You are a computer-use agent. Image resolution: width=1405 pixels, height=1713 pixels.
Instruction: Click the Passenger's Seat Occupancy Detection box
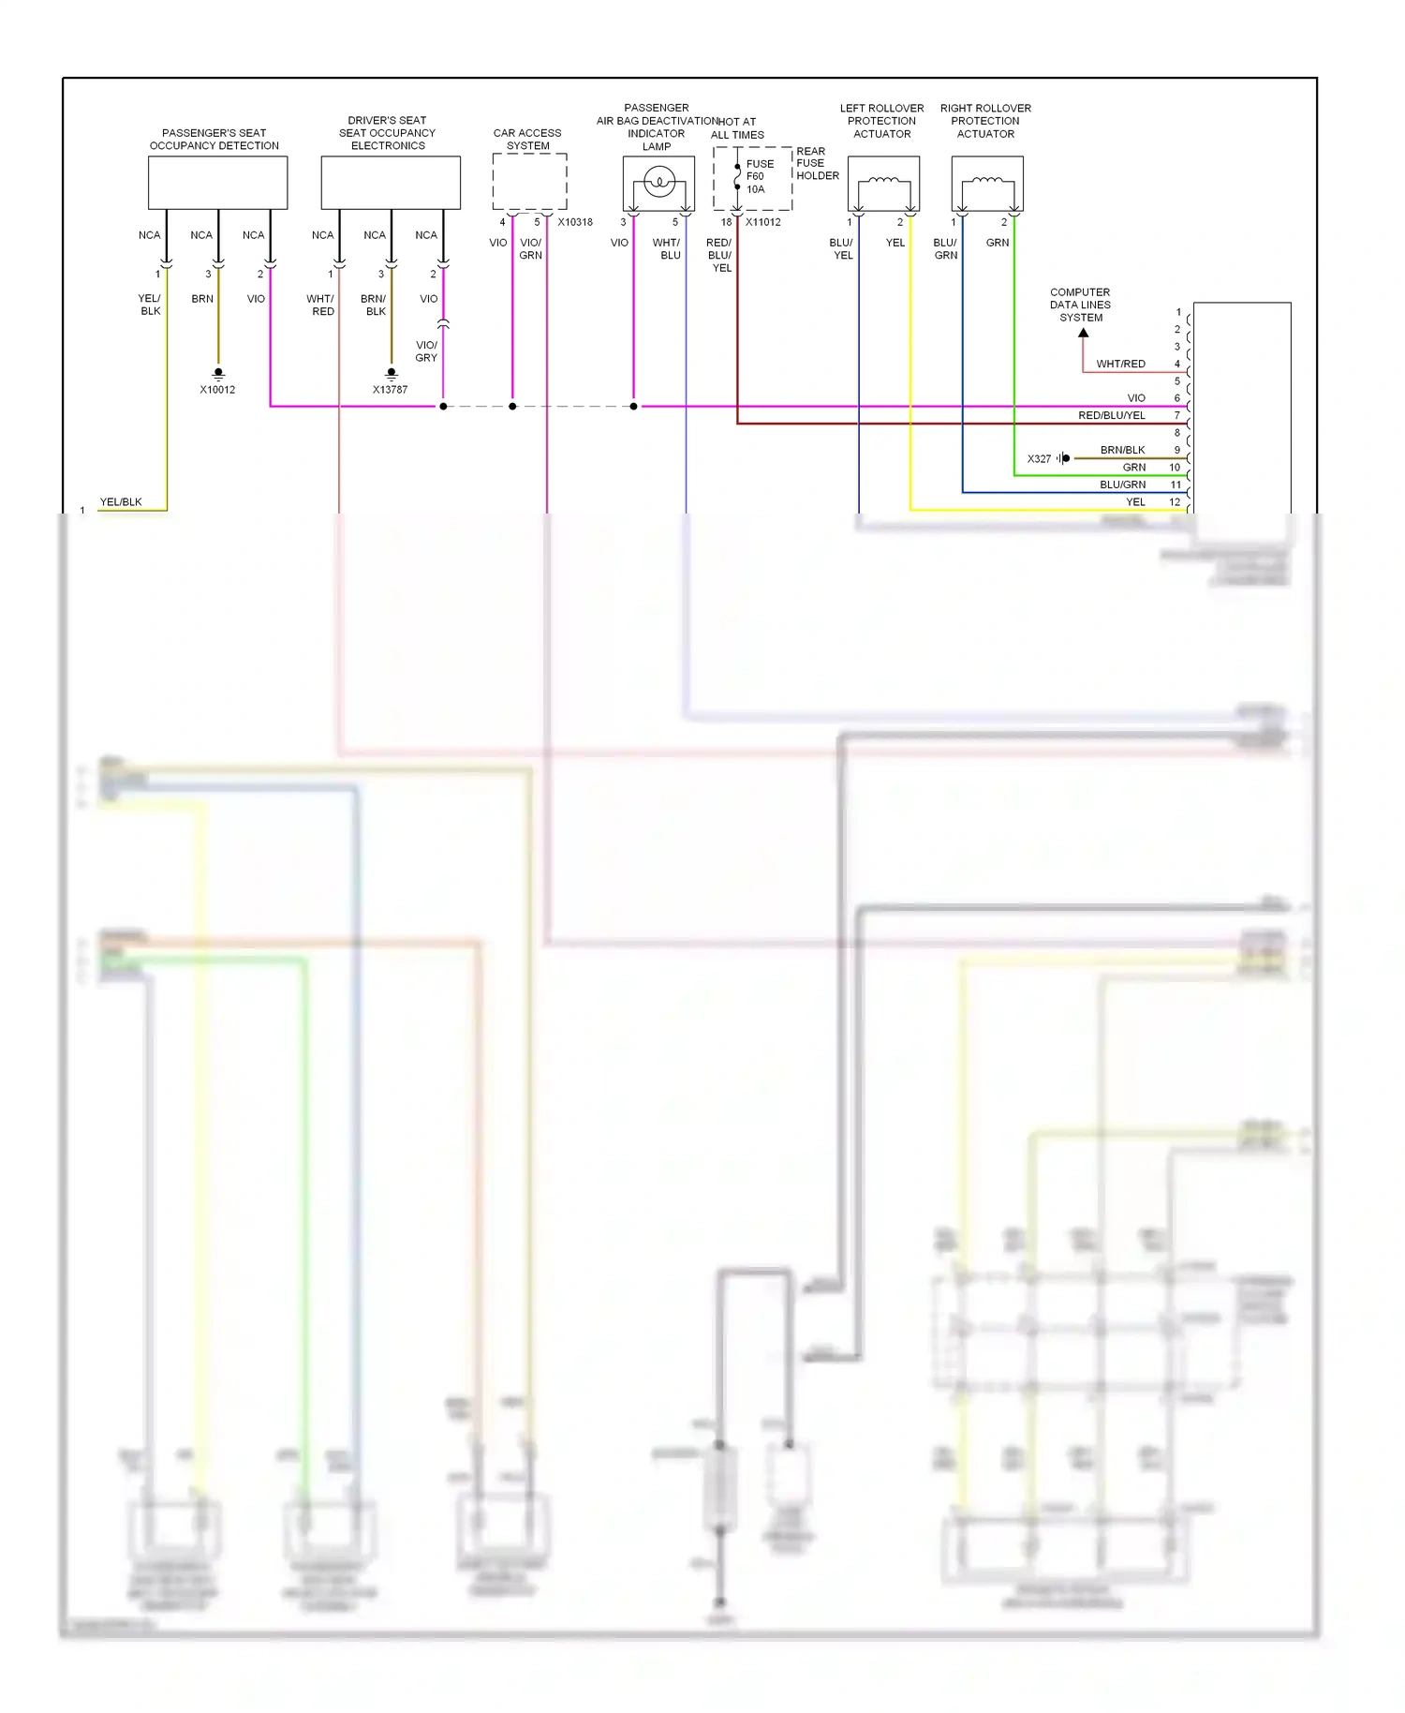pyautogui.click(x=217, y=183)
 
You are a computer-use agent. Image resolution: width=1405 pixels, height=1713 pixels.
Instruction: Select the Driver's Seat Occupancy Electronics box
pyautogui.click(x=391, y=183)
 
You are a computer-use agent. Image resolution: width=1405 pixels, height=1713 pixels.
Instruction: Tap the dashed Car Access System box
pyautogui.click(x=529, y=182)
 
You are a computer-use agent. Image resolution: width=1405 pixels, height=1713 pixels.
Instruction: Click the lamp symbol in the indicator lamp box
pyautogui.click(x=659, y=182)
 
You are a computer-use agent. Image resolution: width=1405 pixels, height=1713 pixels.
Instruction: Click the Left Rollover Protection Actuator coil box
pyautogui.click(x=883, y=184)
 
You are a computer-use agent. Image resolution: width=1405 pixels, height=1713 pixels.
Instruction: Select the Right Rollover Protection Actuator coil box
pyautogui.click(x=987, y=184)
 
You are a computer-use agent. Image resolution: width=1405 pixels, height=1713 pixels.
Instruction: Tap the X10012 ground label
pyautogui.click(x=217, y=390)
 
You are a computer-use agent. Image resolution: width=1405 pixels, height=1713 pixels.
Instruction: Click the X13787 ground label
pyautogui.click(x=390, y=390)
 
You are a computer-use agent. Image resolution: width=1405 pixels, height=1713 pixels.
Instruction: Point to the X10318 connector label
pyautogui.click(x=575, y=222)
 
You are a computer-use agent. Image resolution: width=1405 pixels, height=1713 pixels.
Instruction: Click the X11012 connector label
pyautogui.click(x=762, y=222)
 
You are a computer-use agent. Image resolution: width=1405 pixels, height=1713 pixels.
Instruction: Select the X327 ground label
pyautogui.click(x=1039, y=459)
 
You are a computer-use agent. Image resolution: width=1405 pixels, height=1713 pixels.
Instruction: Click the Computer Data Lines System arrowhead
pyautogui.click(x=1083, y=333)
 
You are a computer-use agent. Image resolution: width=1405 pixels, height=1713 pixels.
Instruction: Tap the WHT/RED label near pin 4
pyautogui.click(x=1120, y=364)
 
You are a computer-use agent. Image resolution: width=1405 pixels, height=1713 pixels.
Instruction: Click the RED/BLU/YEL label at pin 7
pyautogui.click(x=1111, y=415)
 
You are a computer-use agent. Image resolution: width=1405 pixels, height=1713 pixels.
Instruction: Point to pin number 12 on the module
pyautogui.click(x=1175, y=502)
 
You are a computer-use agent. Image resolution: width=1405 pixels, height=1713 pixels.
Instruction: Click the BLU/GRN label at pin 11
pyautogui.click(x=1122, y=484)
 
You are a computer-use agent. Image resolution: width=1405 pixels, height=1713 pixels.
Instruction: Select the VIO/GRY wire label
pyautogui.click(x=426, y=351)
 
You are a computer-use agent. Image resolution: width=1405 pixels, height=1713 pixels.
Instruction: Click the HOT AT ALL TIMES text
pyautogui.click(x=737, y=128)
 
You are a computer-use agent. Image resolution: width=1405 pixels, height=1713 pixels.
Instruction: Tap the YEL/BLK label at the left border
pyautogui.click(x=121, y=502)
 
